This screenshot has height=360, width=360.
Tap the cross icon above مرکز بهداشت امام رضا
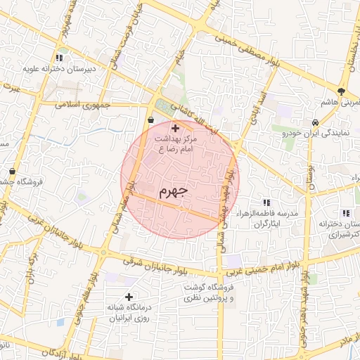point(175,129)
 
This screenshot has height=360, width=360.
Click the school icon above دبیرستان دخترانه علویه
point(60,58)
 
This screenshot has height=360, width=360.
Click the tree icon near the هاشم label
point(342,91)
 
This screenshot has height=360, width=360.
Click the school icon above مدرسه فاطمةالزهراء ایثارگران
point(266,202)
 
